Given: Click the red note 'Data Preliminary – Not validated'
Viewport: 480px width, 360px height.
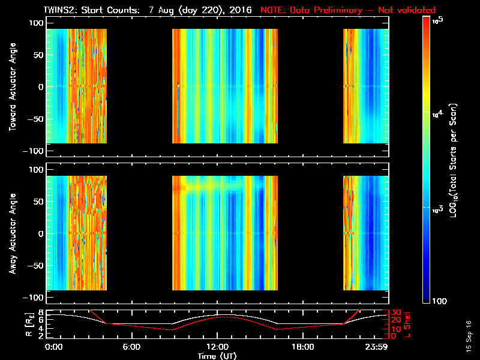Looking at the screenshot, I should pos(348,10).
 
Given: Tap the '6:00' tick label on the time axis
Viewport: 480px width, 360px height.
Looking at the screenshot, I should pos(131,347).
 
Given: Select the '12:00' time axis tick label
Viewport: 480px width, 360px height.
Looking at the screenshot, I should pos(217,347).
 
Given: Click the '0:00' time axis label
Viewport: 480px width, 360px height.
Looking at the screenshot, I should pos(54,347).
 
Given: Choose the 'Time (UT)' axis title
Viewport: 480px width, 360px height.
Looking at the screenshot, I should pos(217,356).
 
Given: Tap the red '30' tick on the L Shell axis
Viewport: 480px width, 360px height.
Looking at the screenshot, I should pos(395,313).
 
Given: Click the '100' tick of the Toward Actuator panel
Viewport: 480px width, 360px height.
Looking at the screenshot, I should pos(37,23).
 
